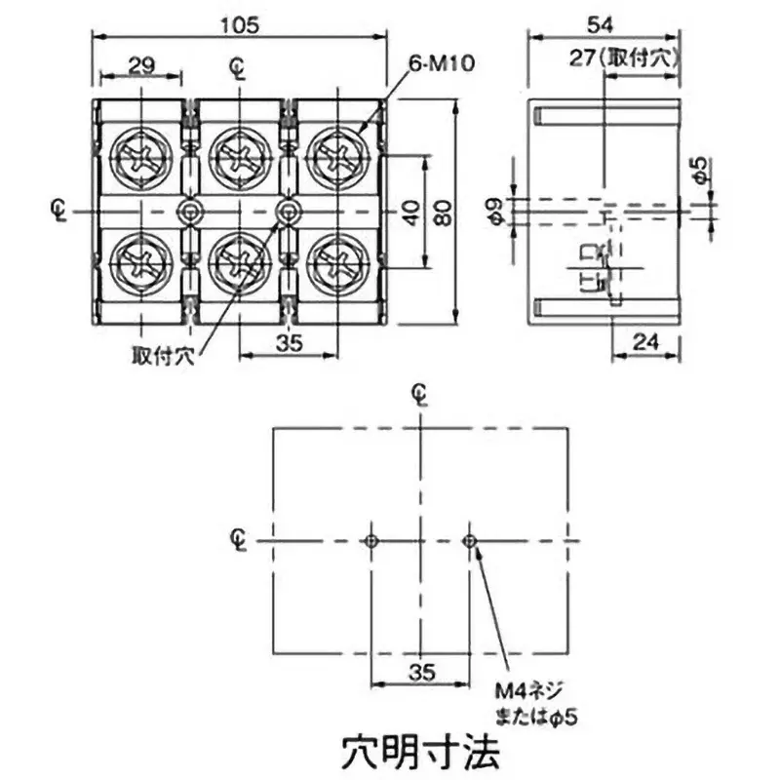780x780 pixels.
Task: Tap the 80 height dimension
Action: point(445,212)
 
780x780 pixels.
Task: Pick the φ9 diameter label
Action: point(494,211)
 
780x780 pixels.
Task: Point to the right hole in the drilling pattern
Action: point(470,541)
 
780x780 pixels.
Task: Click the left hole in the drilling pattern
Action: point(371,541)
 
